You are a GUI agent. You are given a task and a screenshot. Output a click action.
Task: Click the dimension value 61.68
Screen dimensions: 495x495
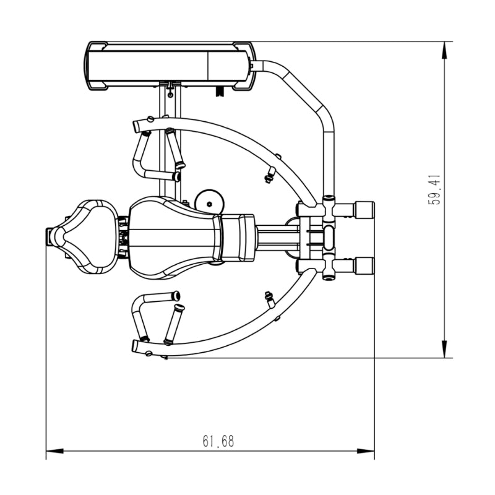[x=218, y=441]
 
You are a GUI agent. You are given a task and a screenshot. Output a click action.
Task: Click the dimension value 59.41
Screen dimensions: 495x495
[x=434, y=190]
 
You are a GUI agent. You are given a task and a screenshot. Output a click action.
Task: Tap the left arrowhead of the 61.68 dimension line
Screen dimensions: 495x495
[x=54, y=451]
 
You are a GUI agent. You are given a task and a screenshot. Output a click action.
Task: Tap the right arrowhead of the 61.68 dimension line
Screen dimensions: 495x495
[x=366, y=451]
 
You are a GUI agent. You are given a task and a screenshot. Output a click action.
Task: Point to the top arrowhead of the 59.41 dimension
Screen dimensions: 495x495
[x=444, y=50]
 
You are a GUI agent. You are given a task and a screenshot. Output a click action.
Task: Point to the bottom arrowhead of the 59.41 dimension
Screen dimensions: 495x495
[x=444, y=349]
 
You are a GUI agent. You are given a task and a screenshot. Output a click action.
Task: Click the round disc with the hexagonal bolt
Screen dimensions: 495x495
[x=209, y=202]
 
